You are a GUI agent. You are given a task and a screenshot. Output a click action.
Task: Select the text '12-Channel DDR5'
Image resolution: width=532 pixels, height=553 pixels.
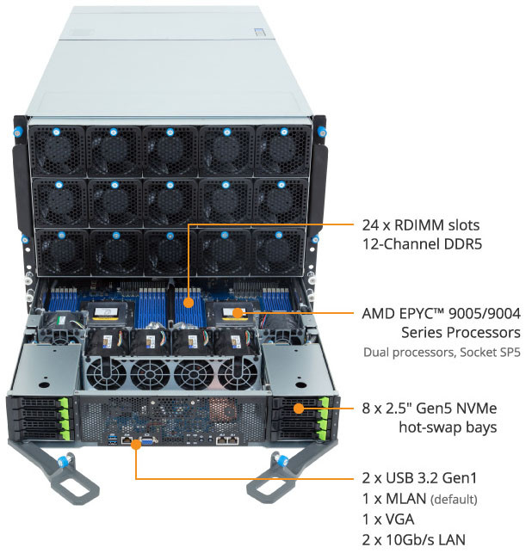point(420,244)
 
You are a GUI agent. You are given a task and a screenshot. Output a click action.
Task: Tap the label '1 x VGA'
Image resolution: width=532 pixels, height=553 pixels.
point(389,519)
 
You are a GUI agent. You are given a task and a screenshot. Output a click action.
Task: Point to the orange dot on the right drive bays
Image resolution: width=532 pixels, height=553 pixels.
point(298,408)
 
